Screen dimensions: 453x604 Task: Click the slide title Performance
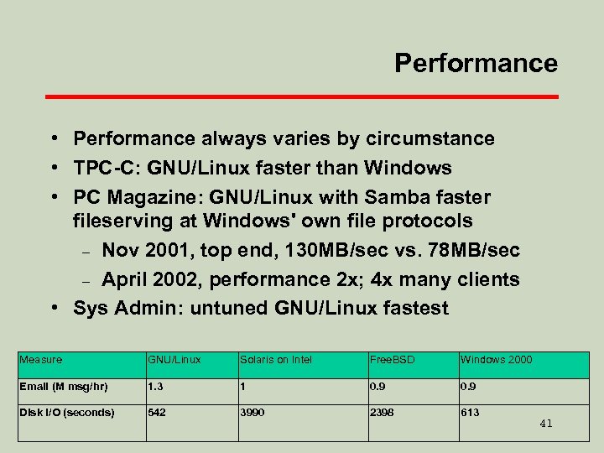[476, 63]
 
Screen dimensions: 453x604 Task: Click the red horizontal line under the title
[301, 97]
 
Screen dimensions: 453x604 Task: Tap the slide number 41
[545, 424]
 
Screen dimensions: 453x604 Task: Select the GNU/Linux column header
[174, 360]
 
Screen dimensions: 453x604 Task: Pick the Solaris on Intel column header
[276, 360]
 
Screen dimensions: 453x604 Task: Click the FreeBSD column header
[393, 360]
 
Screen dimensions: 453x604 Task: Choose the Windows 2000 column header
[496, 360]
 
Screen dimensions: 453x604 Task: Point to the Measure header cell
[41, 360]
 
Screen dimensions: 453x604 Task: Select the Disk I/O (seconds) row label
[66, 412]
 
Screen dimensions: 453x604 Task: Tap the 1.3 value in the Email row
[155, 388]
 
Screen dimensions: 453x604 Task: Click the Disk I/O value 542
[157, 412]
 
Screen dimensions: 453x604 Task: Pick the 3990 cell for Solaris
[253, 412]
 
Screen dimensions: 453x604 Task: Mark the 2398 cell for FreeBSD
[383, 412]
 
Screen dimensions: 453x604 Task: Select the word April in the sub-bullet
[128, 279]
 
